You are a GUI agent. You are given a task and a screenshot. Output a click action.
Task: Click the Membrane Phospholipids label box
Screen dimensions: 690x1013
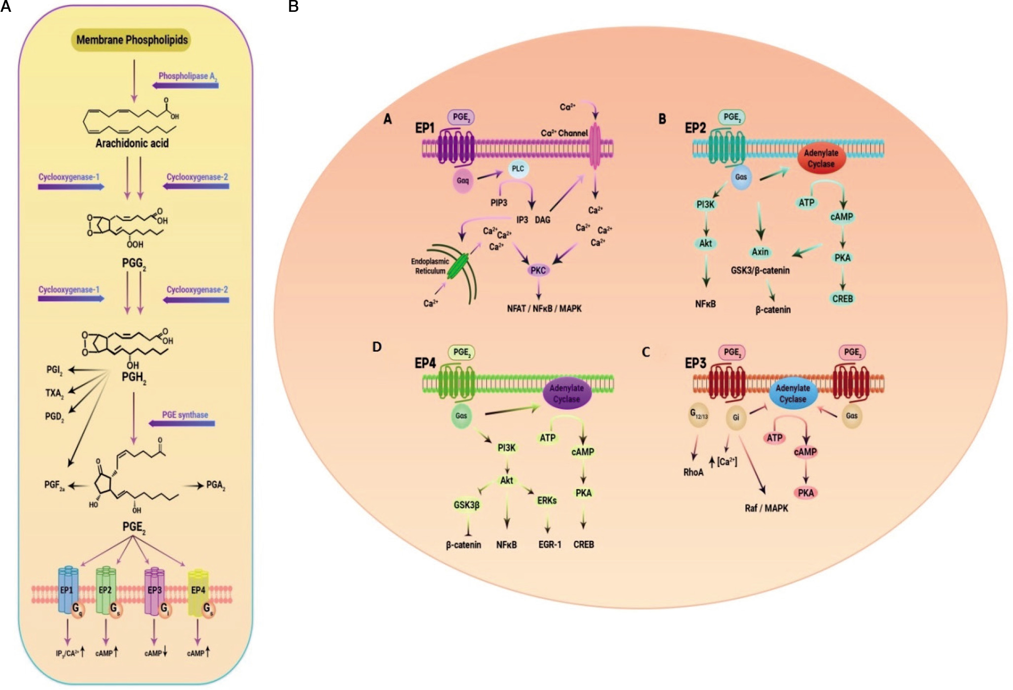coord(132,40)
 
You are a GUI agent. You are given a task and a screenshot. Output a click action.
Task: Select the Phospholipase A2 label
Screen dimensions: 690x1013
coord(188,76)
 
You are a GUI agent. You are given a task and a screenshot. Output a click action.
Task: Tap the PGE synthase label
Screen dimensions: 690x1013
coord(185,415)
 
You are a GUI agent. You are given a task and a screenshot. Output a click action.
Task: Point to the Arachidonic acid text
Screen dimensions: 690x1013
coord(132,143)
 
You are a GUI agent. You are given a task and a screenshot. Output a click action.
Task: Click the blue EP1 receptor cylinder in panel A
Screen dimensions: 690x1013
coord(67,590)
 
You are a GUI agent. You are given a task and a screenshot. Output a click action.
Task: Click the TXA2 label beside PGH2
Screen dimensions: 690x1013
coord(54,393)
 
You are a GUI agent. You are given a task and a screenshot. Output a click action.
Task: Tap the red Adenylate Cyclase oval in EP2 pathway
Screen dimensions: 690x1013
coord(821,159)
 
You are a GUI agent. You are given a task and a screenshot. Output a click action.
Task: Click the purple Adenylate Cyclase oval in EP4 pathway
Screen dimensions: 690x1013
coord(566,394)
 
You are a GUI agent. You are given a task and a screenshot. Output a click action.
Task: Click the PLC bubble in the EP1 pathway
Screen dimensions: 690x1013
coord(518,169)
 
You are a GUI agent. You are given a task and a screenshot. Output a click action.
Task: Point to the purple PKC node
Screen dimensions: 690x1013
coord(538,270)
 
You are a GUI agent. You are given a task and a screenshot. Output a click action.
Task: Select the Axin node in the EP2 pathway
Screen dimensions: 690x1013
coord(760,252)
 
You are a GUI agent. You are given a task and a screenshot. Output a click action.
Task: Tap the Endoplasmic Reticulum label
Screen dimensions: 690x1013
coord(430,266)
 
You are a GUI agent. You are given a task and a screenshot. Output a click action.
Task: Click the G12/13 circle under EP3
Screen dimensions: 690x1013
coord(699,416)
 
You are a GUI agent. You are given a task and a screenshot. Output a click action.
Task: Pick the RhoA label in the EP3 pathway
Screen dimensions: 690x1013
coord(693,472)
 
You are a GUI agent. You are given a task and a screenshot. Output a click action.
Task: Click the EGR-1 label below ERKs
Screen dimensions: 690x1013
coord(550,545)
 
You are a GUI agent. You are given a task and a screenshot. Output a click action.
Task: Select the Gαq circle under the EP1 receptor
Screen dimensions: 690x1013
coord(462,181)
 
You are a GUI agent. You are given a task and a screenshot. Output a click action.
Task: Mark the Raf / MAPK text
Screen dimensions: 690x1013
coord(766,508)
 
